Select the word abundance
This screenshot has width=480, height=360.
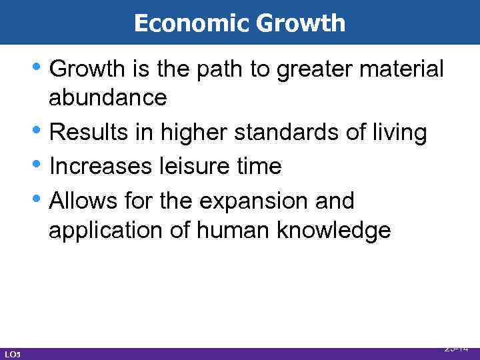107,98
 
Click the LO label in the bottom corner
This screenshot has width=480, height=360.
11,352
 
